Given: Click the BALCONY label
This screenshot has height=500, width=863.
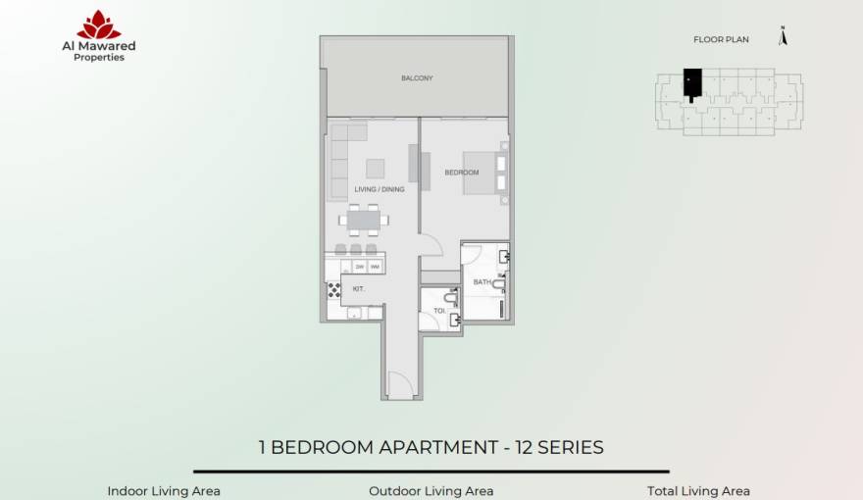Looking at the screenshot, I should coord(417,78).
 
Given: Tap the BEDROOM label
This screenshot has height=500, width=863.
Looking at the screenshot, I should coord(462,173).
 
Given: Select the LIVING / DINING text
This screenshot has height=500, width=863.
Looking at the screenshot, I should coord(380,189).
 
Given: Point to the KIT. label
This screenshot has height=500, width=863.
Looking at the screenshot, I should coord(359,288).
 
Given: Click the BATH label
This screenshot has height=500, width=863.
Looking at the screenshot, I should coord(482,282).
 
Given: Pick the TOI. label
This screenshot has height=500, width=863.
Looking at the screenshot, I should coord(438,312).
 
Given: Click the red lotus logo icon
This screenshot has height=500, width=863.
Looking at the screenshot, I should coord(99,25).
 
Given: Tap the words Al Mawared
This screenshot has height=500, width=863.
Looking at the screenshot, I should coord(99,45).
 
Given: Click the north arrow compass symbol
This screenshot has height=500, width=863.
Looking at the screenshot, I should coord(782,37).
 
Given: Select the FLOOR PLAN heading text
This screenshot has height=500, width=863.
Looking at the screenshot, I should coord(721,40).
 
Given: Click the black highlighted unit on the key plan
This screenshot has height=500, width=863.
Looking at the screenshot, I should coord(691,82).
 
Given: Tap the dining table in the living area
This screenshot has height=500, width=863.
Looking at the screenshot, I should coord(364,222).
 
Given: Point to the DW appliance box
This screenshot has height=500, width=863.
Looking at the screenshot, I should coord(360,267).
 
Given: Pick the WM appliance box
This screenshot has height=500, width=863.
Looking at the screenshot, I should coord(375,267).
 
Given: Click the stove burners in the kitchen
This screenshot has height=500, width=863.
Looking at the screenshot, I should coord(332,290).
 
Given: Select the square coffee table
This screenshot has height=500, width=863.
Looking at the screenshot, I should coord(375,168).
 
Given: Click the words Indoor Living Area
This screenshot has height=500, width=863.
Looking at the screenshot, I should coord(164,491).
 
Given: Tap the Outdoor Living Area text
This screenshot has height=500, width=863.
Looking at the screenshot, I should coord(431,491).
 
